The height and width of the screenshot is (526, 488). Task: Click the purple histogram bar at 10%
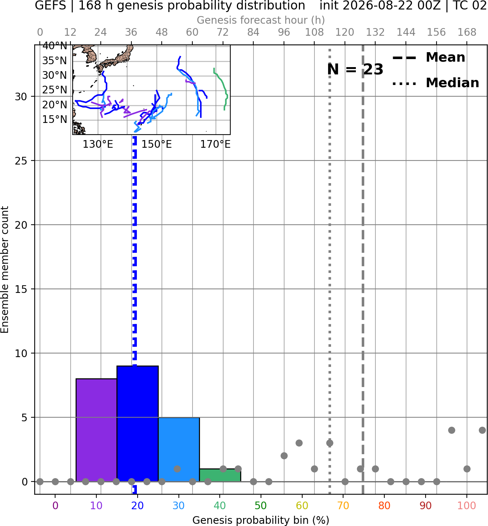click(x=96, y=430)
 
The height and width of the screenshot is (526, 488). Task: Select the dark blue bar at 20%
click(x=138, y=424)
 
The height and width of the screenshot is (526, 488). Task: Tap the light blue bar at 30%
click(x=179, y=449)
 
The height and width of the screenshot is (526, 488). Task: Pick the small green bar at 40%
click(x=220, y=475)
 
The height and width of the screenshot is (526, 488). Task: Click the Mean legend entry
click(x=429, y=58)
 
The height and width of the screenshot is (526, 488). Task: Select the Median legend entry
click(x=435, y=83)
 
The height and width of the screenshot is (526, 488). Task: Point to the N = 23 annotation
click(x=355, y=69)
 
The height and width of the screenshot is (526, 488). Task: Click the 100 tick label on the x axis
click(x=466, y=506)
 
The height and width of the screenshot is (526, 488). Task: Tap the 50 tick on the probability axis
click(x=261, y=506)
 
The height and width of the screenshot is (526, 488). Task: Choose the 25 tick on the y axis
click(x=21, y=161)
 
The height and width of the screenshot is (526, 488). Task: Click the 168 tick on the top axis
click(x=467, y=32)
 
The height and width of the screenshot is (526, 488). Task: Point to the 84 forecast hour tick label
click(x=253, y=32)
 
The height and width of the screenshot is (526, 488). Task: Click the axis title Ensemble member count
click(x=5, y=270)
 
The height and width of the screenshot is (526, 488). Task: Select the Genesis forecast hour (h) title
click(x=261, y=20)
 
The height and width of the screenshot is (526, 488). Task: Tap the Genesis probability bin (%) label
click(x=261, y=520)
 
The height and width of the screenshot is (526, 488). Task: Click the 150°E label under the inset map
click(x=157, y=144)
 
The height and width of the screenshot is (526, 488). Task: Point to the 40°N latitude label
click(x=55, y=46)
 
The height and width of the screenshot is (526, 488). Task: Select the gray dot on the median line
click(x=330, y=443)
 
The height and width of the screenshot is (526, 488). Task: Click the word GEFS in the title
click(x=50, y=5)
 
